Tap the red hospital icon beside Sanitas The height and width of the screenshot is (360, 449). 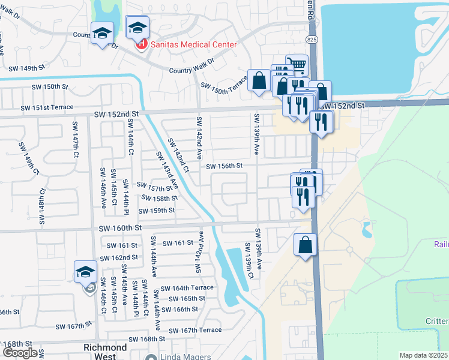[x=141, y=44]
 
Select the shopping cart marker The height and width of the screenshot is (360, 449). [x=296, y=64]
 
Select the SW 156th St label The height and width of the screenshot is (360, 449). [x=224, y=166]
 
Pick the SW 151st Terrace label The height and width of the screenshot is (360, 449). [x=47, y=107]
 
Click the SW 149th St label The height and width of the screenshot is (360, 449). [x=25, y=68]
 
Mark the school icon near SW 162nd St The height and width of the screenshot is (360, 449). [x=86, y=271]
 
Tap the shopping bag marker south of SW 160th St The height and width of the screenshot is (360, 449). [x=305, y=245]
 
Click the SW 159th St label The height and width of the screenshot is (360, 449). [x=156, y=211]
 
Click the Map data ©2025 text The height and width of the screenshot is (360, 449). [x=423, y=355]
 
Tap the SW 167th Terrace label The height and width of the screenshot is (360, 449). [x=195, y=331]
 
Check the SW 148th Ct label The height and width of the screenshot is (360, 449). [x=42, y=207]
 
